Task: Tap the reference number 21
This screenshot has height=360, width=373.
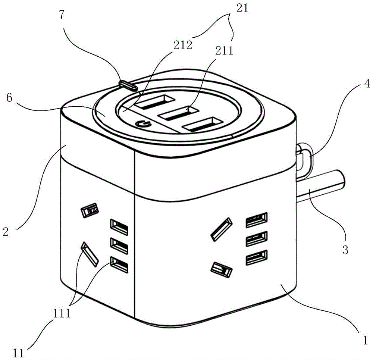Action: click(x=242, y=8)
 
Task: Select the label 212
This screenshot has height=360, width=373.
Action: click(x=183, y=45)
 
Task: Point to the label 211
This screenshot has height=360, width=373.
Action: click(x=224, y=50)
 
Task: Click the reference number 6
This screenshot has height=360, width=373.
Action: click(x=9, y=97)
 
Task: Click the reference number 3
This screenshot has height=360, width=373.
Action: click(x=345, y=250)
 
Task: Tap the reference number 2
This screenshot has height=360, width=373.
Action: click(x=6, y=231)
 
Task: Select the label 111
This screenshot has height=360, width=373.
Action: click(x=62, y=313)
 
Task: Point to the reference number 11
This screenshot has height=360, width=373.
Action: click(x=19, y=353)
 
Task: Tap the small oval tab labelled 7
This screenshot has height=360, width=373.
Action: click(x=128, y=85)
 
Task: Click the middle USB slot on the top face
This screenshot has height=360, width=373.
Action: click(x=179, y=113)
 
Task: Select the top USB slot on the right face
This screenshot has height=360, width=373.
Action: click(x=257, y=220)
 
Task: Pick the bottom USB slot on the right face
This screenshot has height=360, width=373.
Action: click(x=257, y=257)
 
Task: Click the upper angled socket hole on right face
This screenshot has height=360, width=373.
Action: click(x=221, y=229)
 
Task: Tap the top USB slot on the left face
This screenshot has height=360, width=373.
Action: click(x=119, y=227)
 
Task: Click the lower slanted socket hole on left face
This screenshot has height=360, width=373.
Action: click(x=90, y=254)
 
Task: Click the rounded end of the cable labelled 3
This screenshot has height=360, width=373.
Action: click(x=341, y=178)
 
